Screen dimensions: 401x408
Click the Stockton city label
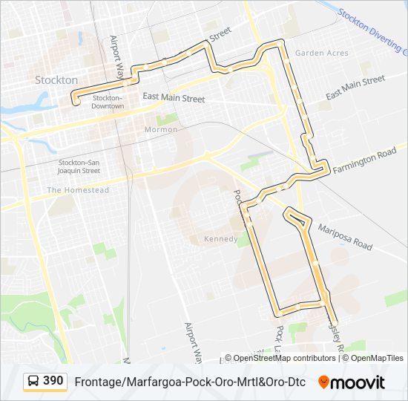[56, 79]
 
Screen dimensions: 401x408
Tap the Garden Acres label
[321, 53]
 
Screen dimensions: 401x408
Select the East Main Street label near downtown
[174, 97]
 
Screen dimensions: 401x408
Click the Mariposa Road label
[343, 233]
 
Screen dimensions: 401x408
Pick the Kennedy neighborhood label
[220, 239]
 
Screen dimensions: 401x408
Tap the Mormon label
[161, 130]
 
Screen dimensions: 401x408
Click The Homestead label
[78, 191]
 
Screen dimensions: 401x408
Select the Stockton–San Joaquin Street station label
[79, 166]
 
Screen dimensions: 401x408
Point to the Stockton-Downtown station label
[108, 102]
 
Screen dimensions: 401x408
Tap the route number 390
[53, 381]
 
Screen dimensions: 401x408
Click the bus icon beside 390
[33, 382]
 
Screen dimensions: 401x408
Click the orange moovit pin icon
[323, 382]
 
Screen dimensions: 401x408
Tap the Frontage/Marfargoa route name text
[190, 382]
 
